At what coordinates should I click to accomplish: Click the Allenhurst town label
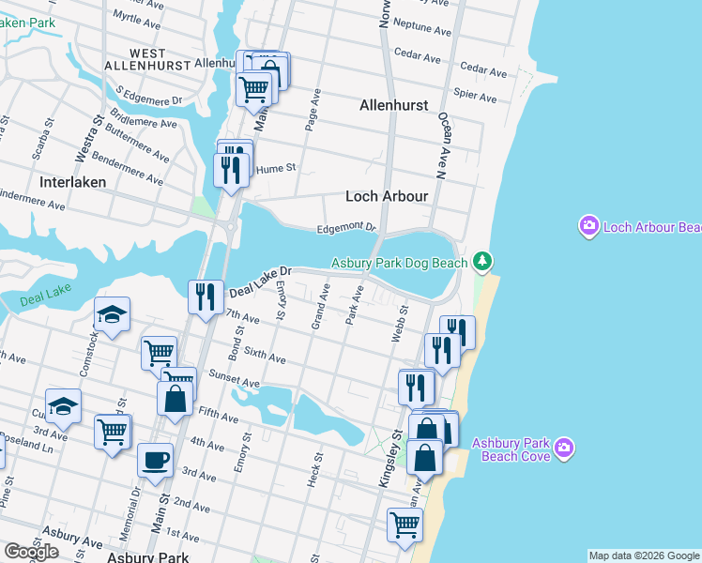(x=393, y=107)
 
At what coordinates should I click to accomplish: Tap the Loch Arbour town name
(x=387, y=196)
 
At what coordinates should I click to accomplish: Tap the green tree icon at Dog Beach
(x=481, y=260)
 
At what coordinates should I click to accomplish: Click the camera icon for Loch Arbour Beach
(x=589, y=226)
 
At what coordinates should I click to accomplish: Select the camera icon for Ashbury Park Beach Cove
(x=563, y=447)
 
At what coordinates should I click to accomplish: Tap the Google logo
(x=31, y=552)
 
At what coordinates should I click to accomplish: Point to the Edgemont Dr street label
(x=345, y=227)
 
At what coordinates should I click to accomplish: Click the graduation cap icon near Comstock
(x=112, y=313)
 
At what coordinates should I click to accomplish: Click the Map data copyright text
(x=643, y=555)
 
